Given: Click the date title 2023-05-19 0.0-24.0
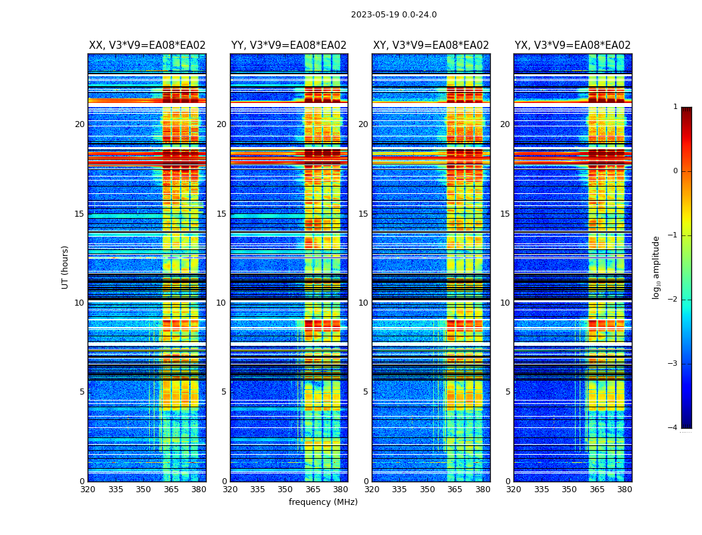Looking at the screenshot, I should tap(394, 15).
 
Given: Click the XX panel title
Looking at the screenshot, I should tap(147, 45).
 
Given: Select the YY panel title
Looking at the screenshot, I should tap(289, 45).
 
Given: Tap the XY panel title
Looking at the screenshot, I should tap(431, 45).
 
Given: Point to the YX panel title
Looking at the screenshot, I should tap(572, 45).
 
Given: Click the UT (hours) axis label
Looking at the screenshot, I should tap(66, 267).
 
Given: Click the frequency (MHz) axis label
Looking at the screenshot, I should tap(323, 502).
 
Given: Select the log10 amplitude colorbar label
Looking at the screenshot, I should tap(657, 267).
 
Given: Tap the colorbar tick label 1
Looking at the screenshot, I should tap(675, 107).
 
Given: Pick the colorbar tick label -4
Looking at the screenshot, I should tap(673, 428).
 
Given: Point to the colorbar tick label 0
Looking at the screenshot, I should tap(675, 171).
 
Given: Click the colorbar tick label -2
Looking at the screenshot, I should tap(673, 300).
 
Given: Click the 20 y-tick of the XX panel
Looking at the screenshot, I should tap(80, 124).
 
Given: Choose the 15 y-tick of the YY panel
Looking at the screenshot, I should tap(221, 214).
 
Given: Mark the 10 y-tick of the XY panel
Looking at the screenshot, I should tap(363, 303).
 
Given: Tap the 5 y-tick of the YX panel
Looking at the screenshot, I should tap(508, 392).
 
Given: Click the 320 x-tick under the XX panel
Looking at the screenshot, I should tap(88, 490).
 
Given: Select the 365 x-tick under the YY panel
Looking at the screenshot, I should tap(312, 490).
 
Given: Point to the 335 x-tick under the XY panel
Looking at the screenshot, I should tap(399, 490).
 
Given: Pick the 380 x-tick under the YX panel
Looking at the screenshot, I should tap(624, 490).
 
